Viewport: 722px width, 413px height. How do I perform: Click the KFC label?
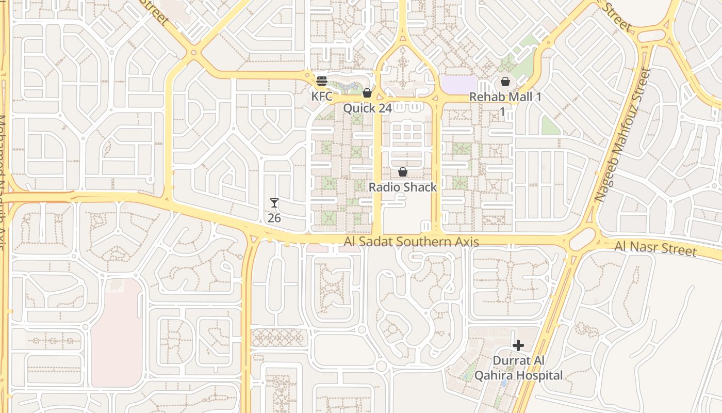click(321, 96)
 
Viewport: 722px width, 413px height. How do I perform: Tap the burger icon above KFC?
click(322, 81)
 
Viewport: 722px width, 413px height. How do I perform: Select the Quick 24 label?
click(367, 108)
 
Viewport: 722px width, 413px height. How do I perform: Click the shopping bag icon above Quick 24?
click(367, 93)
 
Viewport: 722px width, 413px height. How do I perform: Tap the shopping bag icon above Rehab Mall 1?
click(505, 82)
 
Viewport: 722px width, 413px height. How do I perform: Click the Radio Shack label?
click(403, 187)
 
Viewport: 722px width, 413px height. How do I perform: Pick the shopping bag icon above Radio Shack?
click(403, 172)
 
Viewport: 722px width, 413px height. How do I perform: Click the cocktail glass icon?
click(274, 203)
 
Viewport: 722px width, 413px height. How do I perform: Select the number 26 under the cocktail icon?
click(274, 218)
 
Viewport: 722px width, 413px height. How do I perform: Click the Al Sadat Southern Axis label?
click(412, 242)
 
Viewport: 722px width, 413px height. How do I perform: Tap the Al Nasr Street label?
click(655, 248)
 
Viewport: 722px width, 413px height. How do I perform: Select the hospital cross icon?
click(518, 345)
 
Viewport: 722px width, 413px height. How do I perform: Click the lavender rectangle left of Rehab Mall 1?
click(460, 85)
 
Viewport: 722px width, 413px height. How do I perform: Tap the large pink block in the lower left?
click(117, 333)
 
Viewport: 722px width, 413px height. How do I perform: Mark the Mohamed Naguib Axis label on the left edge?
click(3, 181)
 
